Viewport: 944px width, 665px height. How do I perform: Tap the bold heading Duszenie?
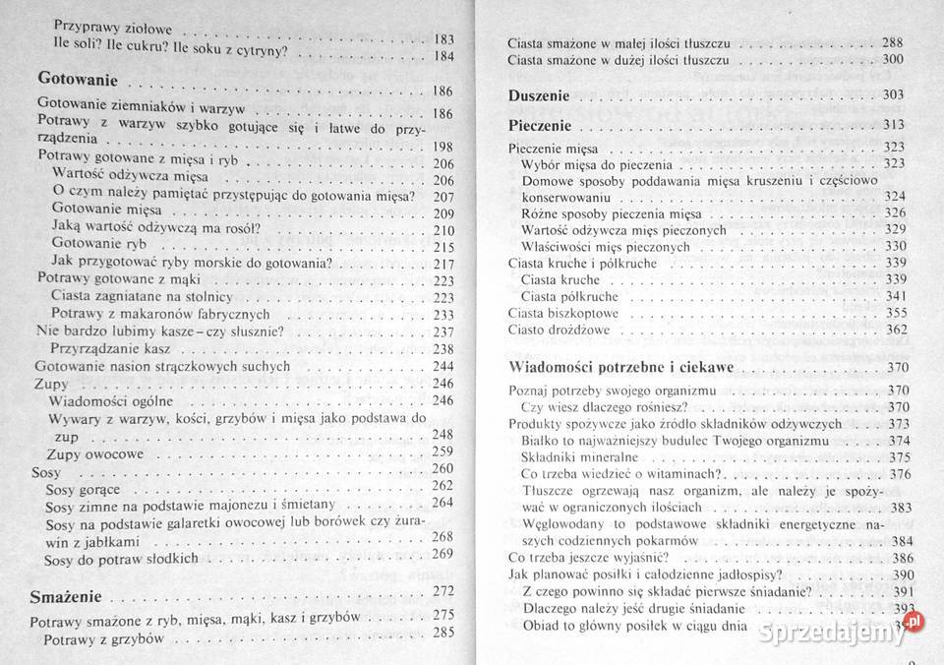coord(539,96)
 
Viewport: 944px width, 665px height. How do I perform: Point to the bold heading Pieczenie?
coord(540,126)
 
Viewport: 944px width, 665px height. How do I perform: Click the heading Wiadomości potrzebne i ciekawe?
coord(626,368)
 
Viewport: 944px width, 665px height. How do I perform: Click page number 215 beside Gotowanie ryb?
coord(442,247)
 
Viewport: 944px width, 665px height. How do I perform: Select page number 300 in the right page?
coord(893,60)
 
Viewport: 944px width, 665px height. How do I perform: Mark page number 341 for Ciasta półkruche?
coord(895,295)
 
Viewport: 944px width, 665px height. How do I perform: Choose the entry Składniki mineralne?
coord(580,457)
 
